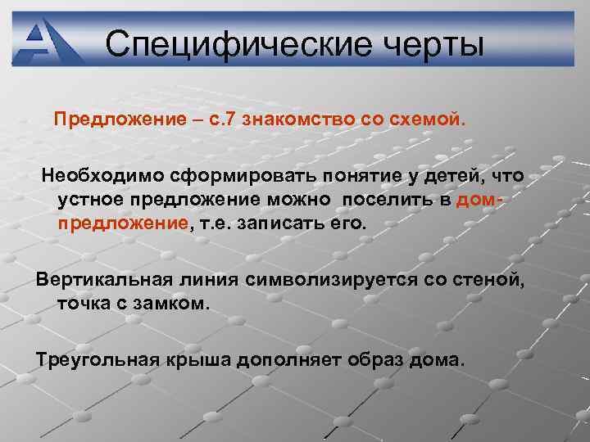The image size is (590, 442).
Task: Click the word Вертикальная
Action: (102, 279)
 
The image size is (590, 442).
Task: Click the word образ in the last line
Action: (378, 359)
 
